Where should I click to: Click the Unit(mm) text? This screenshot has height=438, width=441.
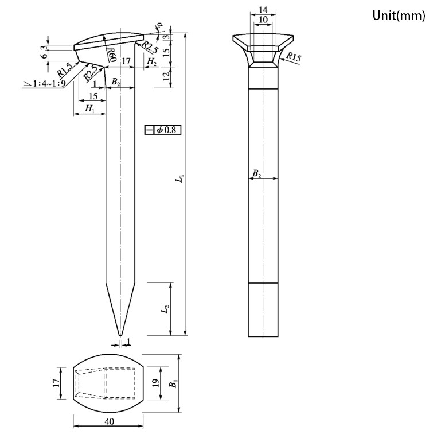coord(399,15)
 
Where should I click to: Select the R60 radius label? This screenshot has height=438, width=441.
coord(112,55)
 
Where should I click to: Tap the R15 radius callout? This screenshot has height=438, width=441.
coord(294,57)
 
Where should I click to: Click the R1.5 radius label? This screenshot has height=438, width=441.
coord(64,70)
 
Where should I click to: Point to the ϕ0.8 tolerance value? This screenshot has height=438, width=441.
coord(167,130)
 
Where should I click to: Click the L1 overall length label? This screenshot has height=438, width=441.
coord(180,179)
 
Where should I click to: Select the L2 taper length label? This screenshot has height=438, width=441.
coord(165,309)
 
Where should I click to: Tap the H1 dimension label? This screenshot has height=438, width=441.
coord(89,108)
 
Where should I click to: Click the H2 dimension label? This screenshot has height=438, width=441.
coord(152,61)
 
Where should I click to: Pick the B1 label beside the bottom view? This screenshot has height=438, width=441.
coord(174,383)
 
